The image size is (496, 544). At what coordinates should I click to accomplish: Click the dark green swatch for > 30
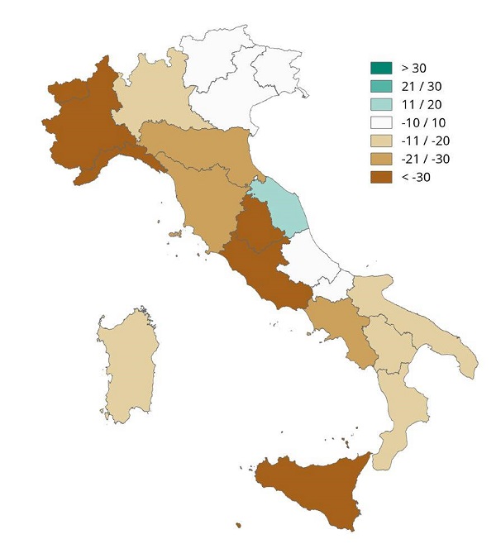[x=381, y=67]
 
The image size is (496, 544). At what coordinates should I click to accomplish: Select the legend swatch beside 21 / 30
[x=381, y=85]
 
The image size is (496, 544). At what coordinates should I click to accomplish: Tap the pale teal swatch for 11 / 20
[x=381, y=103]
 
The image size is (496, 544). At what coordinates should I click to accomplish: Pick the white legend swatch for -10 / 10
[x=381, y=122]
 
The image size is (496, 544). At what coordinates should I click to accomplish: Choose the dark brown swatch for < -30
[x=381, y=176]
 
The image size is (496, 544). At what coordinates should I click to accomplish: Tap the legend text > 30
[x=414, y=67]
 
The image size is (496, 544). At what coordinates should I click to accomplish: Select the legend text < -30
[x=416, y=176]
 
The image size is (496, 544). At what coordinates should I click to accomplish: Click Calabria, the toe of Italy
[x=397, y=413]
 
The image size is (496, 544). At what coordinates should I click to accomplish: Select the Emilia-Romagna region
[x=198, y=145]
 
